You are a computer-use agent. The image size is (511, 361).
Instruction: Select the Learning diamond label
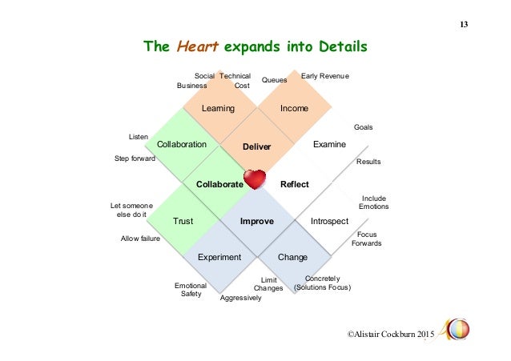coord(218,108)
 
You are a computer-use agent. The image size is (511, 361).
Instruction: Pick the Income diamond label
coord(294,108)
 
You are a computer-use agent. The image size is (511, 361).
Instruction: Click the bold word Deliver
coord(257,146)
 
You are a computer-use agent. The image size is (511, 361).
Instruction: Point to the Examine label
coord(329,144)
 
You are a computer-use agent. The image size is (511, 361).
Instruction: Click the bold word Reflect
coord(294,184)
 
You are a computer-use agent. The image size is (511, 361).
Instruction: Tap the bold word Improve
coord(257,220)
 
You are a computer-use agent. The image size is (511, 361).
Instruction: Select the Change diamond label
coord(292,257)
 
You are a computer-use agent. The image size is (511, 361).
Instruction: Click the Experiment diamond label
coord(220,257)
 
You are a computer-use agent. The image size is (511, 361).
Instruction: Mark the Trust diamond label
coord(183,220)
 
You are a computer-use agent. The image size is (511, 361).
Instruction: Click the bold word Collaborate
coord(219,184)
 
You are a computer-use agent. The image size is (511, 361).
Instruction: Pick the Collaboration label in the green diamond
coord(182,144)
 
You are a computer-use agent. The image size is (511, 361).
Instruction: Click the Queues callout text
coord(274,80)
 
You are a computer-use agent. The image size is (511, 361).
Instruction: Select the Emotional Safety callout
coord(190,289)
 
